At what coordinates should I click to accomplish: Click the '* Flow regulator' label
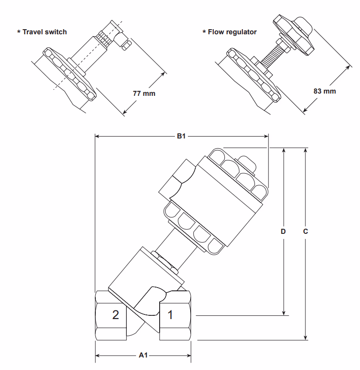point(230,32)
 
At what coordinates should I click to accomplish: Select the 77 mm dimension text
point(144,93)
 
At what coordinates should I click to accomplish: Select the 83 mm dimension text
point(324,91)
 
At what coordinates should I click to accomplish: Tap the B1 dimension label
point(181,136)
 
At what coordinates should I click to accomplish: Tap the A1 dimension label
point(143,355)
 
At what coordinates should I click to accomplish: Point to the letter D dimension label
point(284,230)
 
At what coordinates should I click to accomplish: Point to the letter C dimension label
point(305,230)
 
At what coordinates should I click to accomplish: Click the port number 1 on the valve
point(170,315)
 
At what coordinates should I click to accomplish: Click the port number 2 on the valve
point(116,315)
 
